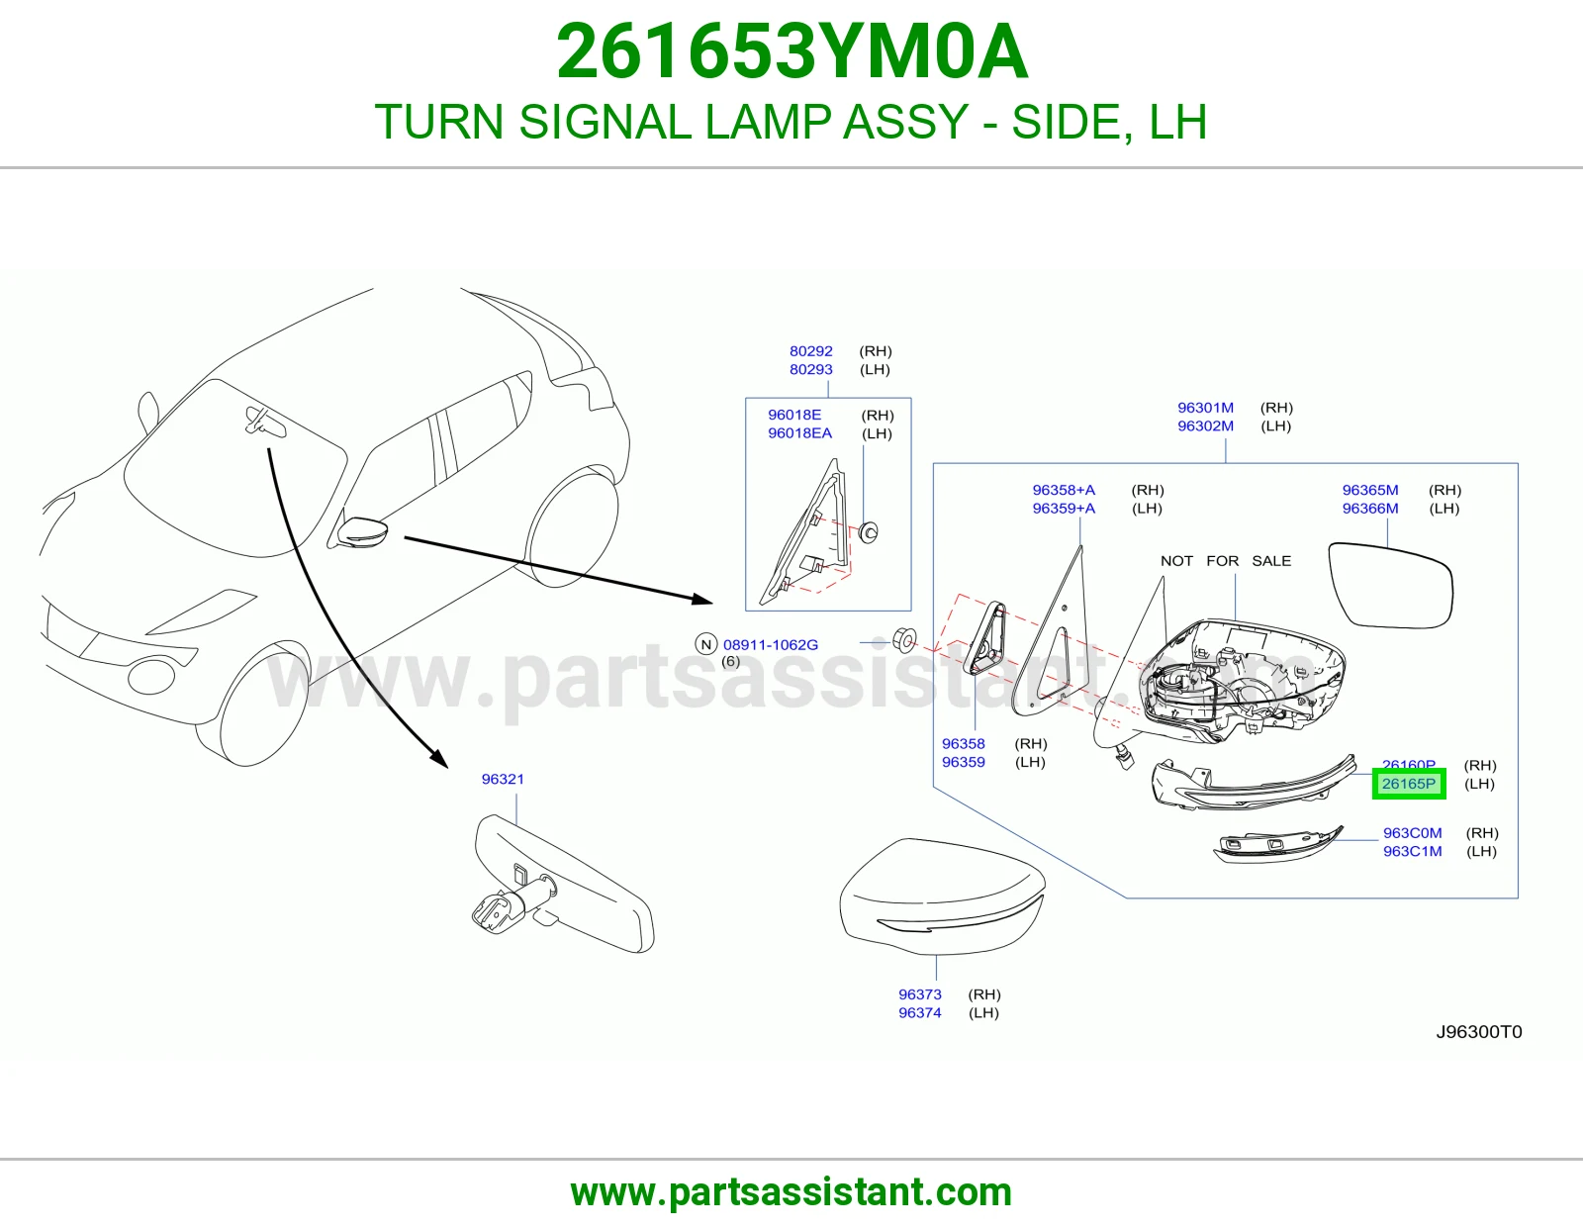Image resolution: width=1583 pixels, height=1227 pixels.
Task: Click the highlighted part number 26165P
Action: (1408, 784)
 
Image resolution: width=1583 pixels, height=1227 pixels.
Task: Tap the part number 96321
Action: (503, 779)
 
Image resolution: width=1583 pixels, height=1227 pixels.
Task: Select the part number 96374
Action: (919, 1013)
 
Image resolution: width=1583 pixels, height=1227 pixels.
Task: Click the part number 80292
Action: (811, 351)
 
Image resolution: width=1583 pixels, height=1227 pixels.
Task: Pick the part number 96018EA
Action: (799, 432)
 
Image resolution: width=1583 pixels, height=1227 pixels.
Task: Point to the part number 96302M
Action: (1206, 425)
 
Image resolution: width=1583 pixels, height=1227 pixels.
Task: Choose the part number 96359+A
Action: (1064, 508)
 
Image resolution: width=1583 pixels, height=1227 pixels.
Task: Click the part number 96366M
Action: (1370, 508)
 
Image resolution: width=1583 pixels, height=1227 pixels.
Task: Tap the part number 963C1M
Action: (1413, 851)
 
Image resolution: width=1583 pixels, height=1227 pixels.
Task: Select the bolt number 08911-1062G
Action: (770, 645)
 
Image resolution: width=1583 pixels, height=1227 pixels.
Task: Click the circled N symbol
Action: (705, 644)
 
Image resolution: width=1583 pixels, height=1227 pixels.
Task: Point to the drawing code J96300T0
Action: (1479, 1032)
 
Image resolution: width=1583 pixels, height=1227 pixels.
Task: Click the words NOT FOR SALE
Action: (1225, 561)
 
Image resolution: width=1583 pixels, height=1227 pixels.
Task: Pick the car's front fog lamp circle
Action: (150, 676)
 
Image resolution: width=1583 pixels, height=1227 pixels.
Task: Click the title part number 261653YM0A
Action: (791, 51)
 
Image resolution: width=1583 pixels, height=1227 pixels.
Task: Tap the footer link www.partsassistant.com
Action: (791, 1192)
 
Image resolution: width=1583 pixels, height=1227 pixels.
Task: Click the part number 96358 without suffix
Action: (963, 744)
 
